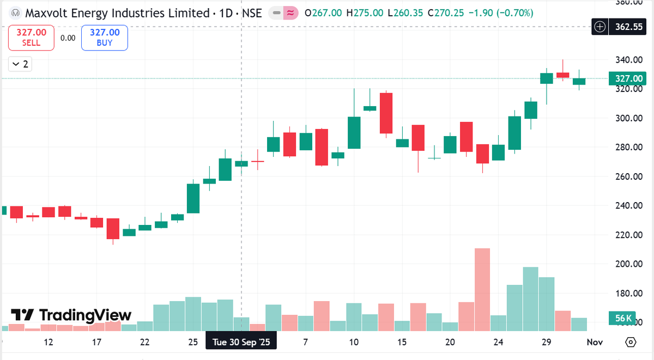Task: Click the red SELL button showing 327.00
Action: pos(31,38)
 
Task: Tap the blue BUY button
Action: pos(104,38)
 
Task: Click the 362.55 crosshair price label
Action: pos(629,26)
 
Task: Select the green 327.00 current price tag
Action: pos(629,78)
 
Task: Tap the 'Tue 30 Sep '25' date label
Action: pos(241,343)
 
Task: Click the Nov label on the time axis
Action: pos(595,343)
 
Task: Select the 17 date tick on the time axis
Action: pos(96,343)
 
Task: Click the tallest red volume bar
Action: pos(482,289)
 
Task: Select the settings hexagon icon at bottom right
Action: pos(631,343)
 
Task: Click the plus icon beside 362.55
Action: pos(600,26)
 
